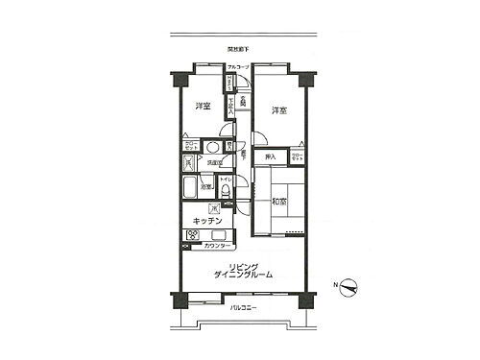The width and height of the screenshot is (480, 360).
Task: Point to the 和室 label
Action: (x=278, y=202)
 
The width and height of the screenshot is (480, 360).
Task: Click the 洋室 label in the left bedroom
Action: (x=202, y=106)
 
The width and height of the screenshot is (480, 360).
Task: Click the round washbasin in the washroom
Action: (x=211, y=147)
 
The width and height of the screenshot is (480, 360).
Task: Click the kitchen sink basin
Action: (x=213, y=207)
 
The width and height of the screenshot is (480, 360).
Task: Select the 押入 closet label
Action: (x=271, y=156)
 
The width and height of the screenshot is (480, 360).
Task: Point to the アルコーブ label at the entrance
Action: (x=238, y=66)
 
